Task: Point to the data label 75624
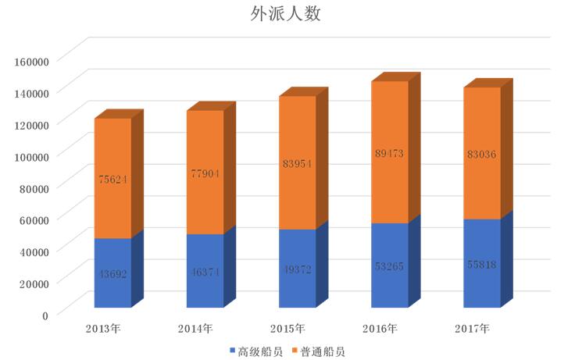pos(112,179)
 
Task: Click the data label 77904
pos(205,173)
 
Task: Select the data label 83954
pos(297,164)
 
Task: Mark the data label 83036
pos(481,154)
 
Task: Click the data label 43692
pos(112,274)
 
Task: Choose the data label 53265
pos(389,266)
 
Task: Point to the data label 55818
pos(481,264)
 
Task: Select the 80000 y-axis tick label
pos(34,187)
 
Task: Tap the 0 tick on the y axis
pos(44,315)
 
